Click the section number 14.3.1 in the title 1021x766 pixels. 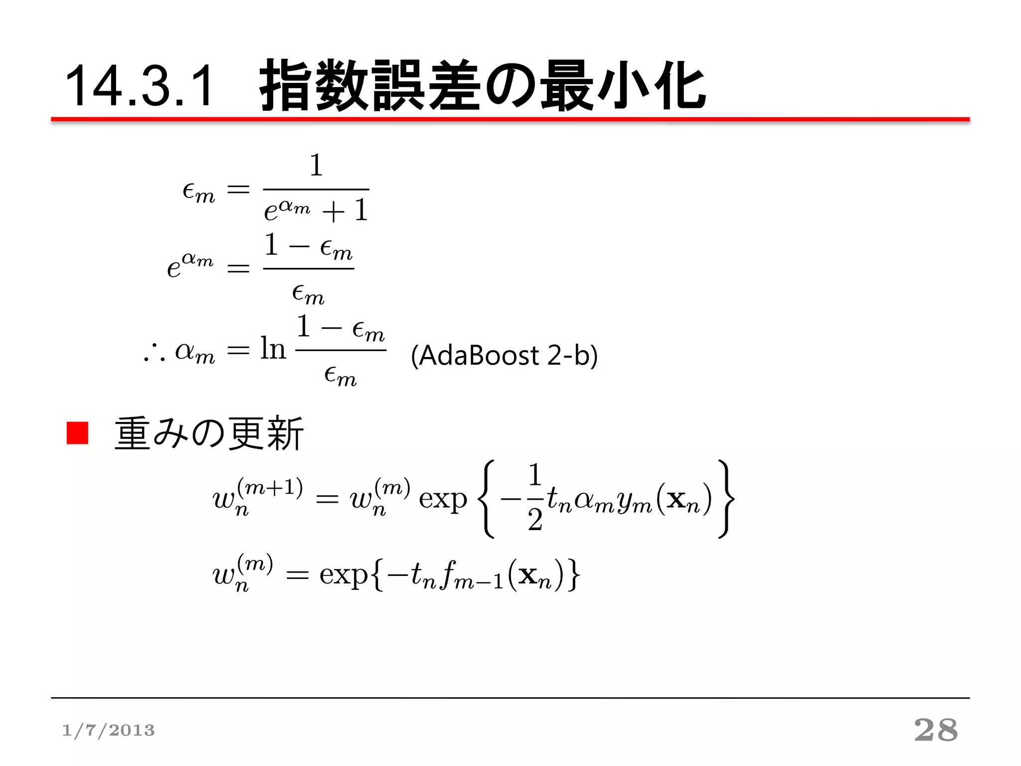pos(140,86)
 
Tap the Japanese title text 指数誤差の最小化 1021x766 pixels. pos(482,85)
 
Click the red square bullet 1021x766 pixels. pos(77,433)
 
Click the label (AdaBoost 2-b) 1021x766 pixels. pos(504,355)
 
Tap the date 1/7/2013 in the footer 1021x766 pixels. pos(108,730)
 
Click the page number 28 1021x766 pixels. pos(936,730)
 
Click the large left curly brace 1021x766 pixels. pos(488,499)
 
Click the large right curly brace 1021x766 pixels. pos(725,499)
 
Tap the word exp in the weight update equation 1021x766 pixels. pos(443,499)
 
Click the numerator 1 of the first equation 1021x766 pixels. pos(316,165)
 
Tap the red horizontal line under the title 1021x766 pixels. pos(510,120)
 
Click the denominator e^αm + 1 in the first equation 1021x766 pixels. pos(316,210)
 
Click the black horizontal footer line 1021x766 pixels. pos(510,698)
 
